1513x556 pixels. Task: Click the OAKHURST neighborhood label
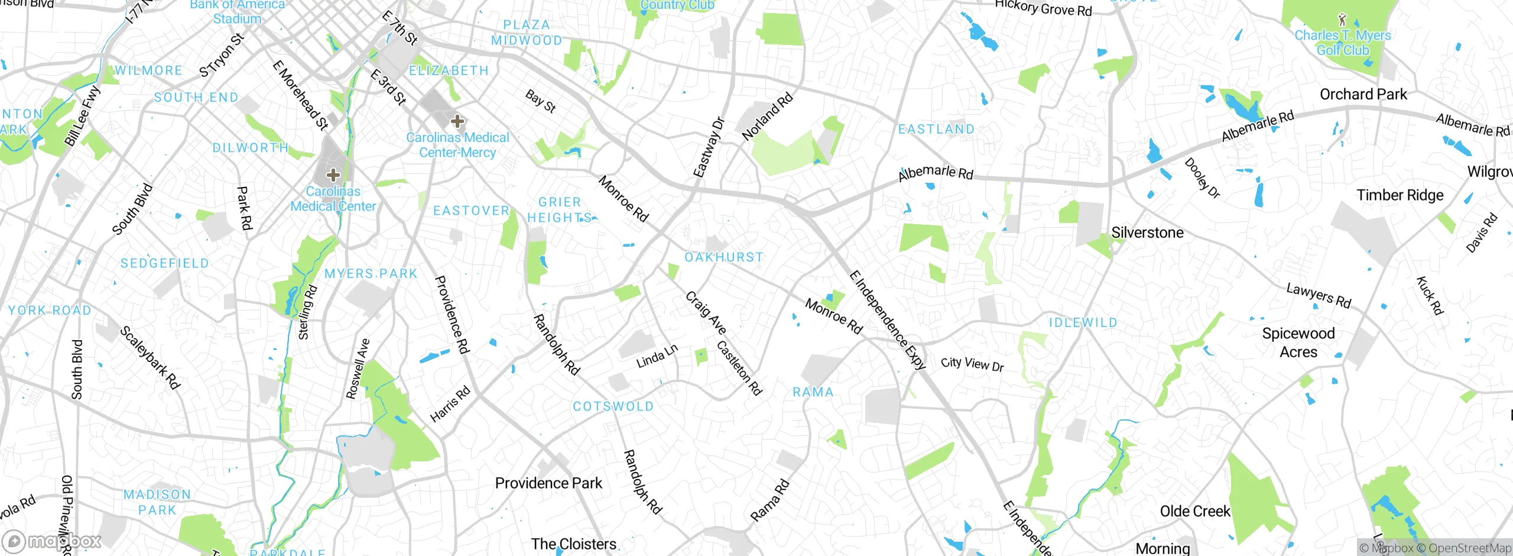[724, 257]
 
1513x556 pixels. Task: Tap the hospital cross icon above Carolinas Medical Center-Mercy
[457, 121]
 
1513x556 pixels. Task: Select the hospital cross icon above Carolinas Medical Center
[333, 174]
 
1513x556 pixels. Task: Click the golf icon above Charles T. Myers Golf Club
[1342, 19]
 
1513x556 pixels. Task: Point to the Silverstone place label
[1147, 232]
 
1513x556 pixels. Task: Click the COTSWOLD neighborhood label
[613, 406]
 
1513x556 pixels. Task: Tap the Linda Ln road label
[657, 357]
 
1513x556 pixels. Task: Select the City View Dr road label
[972, 364]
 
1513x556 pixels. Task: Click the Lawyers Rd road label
[1319, 296]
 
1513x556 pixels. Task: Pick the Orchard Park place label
[1363, 94]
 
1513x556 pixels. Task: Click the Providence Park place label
[548, 483]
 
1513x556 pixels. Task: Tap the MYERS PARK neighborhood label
[371, 274]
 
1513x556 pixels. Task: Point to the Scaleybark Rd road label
[150, 357]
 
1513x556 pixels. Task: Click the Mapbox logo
[52, 541]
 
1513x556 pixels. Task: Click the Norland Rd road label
[767, 117]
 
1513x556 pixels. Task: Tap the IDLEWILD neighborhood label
[1083, 322]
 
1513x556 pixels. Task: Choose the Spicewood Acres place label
[1298, 342]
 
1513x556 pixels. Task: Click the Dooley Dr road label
[1202, 178]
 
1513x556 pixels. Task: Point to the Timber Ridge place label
[1400, 195]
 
